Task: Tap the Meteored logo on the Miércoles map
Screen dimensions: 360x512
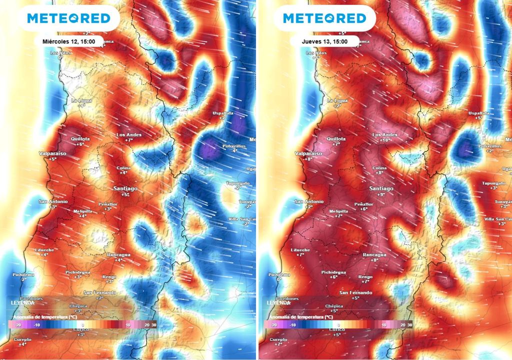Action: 68,18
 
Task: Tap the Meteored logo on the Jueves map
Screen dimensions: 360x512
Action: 324,18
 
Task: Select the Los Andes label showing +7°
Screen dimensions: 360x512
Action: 129,135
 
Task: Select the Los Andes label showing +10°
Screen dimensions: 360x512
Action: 385,135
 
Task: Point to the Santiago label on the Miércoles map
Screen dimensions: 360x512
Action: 125,188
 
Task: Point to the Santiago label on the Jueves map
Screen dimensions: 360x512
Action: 381,188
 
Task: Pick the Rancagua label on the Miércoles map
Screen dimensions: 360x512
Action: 118,254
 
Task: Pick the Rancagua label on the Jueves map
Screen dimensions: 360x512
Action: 374,254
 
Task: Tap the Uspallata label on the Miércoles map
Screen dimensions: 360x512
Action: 223,113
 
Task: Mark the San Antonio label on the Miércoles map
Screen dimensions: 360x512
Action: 54,201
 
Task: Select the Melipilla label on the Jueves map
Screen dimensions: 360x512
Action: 339,211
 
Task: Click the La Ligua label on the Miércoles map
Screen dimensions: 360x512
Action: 81,100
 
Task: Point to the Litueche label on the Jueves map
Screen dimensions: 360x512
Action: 300,249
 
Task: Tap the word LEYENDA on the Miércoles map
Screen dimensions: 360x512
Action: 21,303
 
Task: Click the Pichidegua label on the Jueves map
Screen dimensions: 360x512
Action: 333,271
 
